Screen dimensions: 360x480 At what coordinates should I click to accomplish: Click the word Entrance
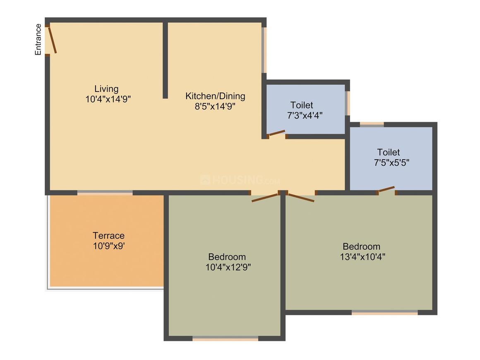click(38, 39)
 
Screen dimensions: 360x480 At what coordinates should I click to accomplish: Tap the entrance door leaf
click(53, 40)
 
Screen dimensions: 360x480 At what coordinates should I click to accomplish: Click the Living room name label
click(106, 89)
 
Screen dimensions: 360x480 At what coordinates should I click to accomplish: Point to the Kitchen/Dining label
click(215, 96)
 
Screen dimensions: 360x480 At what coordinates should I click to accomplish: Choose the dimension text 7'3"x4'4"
click(305, 115)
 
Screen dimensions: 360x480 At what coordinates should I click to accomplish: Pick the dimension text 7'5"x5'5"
click(391, 162)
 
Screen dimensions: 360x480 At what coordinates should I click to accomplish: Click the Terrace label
click(108, 235)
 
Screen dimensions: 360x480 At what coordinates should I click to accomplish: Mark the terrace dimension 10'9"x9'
click(108, 245)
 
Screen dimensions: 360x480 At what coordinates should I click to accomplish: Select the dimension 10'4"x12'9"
click(228, 267)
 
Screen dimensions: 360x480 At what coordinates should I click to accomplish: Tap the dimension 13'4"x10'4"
click(362, 256)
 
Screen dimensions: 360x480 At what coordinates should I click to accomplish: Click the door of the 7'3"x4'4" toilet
click(276, 133)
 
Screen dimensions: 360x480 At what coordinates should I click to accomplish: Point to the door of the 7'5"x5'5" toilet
click(386, 190)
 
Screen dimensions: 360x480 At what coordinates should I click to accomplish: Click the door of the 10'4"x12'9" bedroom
click(265, 198)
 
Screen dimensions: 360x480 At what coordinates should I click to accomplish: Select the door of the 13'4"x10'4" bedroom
click(301, 197)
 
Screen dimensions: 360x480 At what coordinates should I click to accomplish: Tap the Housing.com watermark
click(240, 180)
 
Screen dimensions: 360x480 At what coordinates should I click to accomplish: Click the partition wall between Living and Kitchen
click(165, 60)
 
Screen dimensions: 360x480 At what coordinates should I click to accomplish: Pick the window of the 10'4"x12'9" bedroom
click(226, 339)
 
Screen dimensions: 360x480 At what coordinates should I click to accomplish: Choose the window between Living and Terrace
click(105, 192)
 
